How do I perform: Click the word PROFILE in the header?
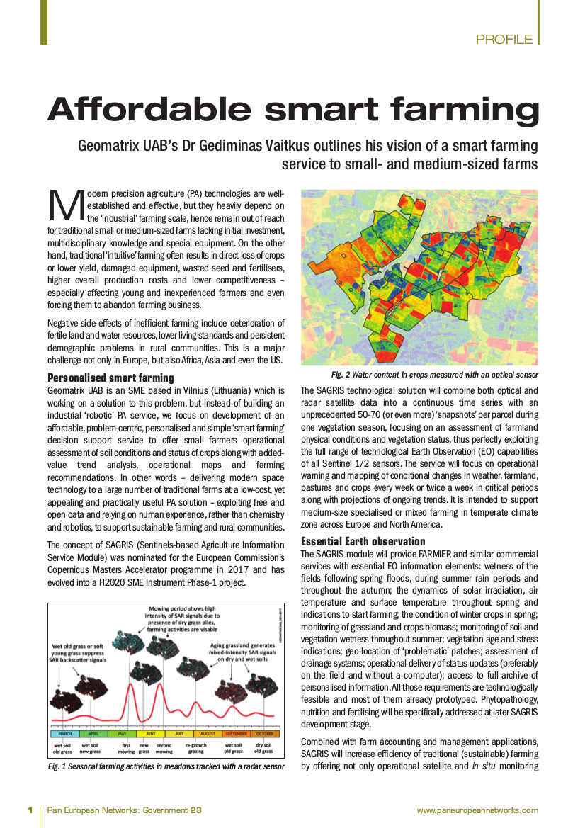pyautogui.click(x=504, y=40)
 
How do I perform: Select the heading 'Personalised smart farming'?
pyautogui.click(x=110, y=378)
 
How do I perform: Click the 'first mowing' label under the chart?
pyautogui.click(x=126, y=748)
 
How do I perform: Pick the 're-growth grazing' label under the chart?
pyautogui.click(x=195, y=748)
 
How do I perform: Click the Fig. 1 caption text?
pyautogui.click(x=166, y=766)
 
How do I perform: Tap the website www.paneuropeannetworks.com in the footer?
pyautogui.click(x=477, y=810)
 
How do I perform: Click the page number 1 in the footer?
pyautogui.click(x=30, y=810)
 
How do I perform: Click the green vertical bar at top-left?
pyautogui.click(x=44, y=21)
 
